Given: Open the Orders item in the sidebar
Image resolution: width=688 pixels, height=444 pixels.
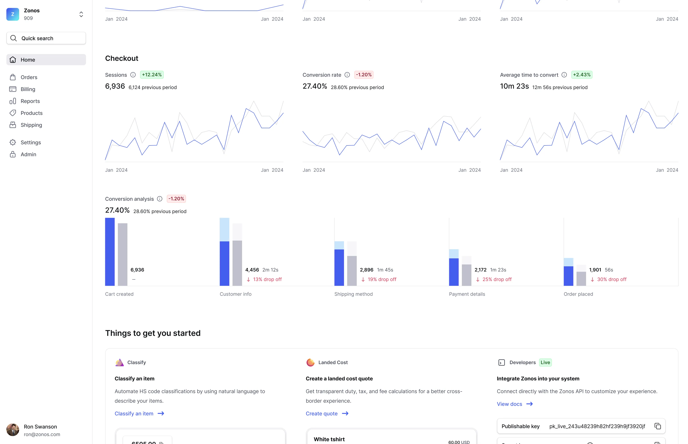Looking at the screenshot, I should pos(29,77).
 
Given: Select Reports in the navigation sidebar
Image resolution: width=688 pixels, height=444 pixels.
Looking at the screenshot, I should pos(30,101).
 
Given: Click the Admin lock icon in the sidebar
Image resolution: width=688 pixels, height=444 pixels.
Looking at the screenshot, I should pos(13,155).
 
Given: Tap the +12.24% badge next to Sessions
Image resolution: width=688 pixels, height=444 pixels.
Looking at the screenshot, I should pos(151,75).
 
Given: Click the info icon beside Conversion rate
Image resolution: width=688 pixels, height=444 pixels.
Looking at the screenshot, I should pos(347,75).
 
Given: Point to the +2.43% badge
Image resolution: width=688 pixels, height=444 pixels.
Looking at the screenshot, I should pos(581,75).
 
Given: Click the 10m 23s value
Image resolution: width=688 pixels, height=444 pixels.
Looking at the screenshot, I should pos(514,86).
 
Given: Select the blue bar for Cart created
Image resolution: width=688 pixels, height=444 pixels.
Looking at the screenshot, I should pos(110,252).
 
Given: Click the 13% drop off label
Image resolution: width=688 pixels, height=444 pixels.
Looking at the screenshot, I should pos(267,279).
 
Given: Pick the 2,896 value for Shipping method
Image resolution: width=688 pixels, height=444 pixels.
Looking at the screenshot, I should pos(366,270).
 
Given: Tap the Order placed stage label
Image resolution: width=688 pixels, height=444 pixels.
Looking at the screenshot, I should pos(578,294).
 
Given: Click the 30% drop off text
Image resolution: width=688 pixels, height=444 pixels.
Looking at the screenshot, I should pos(612,279).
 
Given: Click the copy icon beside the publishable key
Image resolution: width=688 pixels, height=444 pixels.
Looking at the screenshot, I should pos(657,426).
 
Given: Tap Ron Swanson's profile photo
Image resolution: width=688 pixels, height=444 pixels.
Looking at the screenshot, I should pos(13,430).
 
